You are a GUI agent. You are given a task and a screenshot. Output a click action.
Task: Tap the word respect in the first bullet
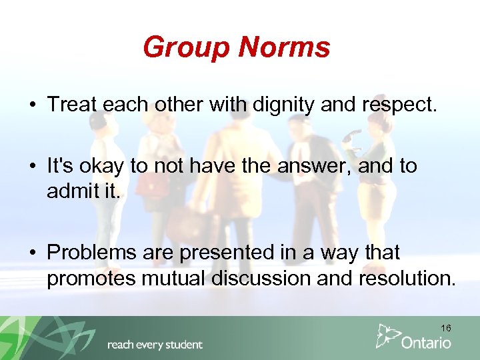click(401, 105)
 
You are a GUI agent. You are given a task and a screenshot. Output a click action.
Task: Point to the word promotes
click(91, 278)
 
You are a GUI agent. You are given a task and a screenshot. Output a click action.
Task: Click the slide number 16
click(445, 328)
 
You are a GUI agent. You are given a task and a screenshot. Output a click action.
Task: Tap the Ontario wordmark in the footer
click(426, 343)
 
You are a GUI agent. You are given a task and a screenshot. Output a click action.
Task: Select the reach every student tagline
click(155, 345)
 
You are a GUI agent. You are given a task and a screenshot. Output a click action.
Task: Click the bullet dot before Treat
click(32, 105)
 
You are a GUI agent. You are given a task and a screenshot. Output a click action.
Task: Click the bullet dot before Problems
click(32, 253)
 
